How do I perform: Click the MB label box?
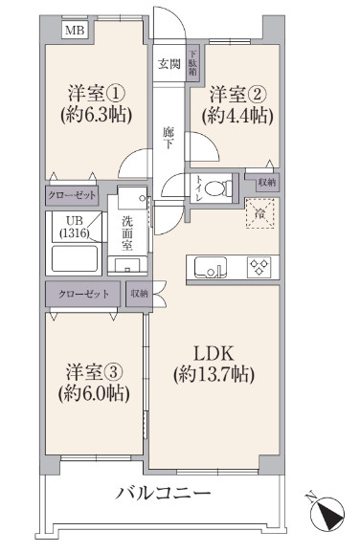coord(74,31)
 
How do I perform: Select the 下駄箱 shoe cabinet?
coord(192,64)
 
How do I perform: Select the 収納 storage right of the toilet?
coord(266,182)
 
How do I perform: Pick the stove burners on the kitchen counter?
coord(259,267)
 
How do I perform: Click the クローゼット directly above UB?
coord(72,195)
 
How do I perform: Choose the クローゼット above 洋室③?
coord(83,294)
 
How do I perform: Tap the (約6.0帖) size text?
coord(93,391)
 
